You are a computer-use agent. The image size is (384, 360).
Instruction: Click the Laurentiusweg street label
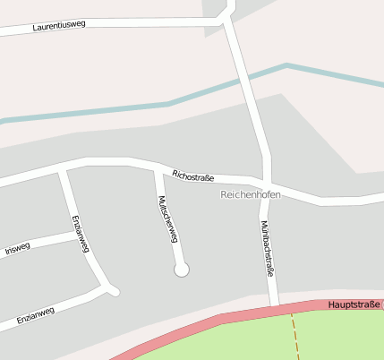tap(59, 26)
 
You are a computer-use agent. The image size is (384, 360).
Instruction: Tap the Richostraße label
tap(193, 177)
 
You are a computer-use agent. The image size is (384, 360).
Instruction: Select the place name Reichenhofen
tap(250, 194)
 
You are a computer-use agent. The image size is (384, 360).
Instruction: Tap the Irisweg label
tap(17, 249)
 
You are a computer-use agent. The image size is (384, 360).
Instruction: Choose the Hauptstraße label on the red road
tap(354, 305)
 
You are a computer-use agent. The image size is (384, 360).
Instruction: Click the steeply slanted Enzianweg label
tap(81, 236)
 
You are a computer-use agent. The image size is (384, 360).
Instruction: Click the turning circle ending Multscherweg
tap(182, 269)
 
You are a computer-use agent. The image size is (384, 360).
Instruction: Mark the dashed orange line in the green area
tap(294, 336)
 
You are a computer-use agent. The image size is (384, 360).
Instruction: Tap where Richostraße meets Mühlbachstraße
tap(266, 182)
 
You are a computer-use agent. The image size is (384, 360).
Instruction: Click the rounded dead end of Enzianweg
tap(114, 290)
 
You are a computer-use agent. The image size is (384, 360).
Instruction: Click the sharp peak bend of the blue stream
tap(286, 65)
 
